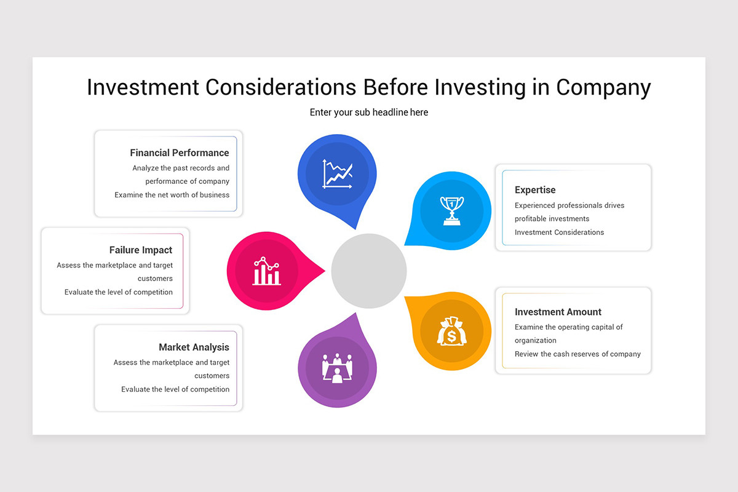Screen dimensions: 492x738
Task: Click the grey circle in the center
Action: point(369,271)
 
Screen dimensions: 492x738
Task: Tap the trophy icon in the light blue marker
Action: point(451,210)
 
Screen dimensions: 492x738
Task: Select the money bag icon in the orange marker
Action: point(451,331)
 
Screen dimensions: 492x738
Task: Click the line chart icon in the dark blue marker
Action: point(337,174)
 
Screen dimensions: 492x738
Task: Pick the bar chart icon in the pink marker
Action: point(266,271)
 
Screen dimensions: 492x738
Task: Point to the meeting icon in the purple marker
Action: point(337,368)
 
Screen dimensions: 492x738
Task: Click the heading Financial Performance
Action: point(179,153)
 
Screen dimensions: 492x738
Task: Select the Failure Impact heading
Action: point(141,250)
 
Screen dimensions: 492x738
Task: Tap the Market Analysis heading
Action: point(194,347)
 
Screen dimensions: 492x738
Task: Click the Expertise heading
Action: point(535,190)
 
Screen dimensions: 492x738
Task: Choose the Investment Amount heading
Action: point(558,312)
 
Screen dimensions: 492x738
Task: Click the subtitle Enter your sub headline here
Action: point(369,113)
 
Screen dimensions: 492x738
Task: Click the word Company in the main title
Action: point(603,87)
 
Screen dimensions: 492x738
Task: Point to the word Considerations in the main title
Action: point(280,87)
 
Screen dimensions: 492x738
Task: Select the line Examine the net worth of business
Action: point(172,195)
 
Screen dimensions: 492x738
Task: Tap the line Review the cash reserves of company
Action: point(577,354)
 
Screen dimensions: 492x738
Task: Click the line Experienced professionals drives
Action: point(569,205)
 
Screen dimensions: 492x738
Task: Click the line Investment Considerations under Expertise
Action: point(559,232)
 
